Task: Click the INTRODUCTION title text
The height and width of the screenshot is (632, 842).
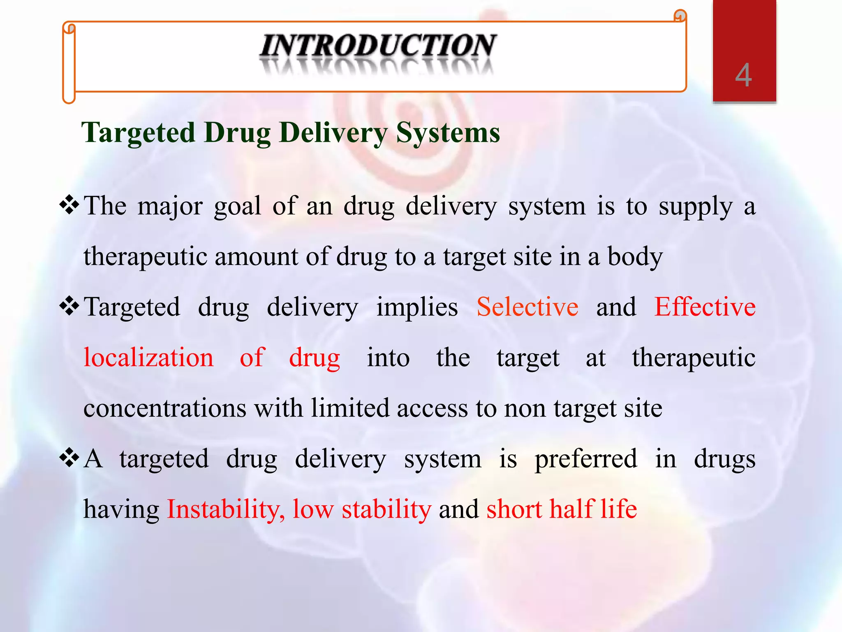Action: tap(378, 46)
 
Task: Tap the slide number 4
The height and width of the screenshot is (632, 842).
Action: tap(744, 76)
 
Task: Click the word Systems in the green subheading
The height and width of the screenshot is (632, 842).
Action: tap(448, 133)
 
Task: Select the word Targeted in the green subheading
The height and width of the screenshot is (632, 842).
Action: tap(138, 133)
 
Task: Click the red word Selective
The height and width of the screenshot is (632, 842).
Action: tap(527, 307)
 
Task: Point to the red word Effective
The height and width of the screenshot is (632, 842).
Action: tap(705, 307)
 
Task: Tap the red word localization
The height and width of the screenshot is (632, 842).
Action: tap(148, 357)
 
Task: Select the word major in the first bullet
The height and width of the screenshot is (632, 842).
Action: tap(170, 206)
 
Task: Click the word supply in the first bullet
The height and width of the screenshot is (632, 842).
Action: tap(696, 207)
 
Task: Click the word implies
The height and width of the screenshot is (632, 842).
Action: tap(417, 308)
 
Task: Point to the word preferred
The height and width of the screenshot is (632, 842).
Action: tap(586, 459)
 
